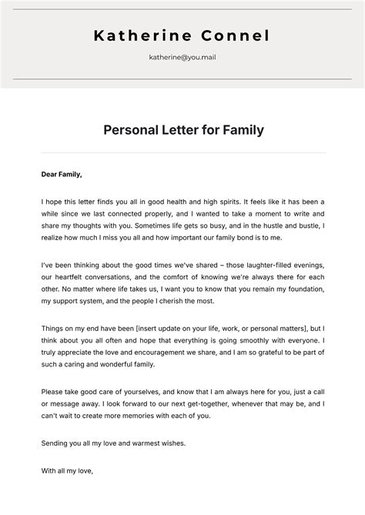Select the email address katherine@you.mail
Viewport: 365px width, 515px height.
182,57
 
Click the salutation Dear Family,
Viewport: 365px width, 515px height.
62,174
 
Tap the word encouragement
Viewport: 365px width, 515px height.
159,351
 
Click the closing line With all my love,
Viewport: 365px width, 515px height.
67,467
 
